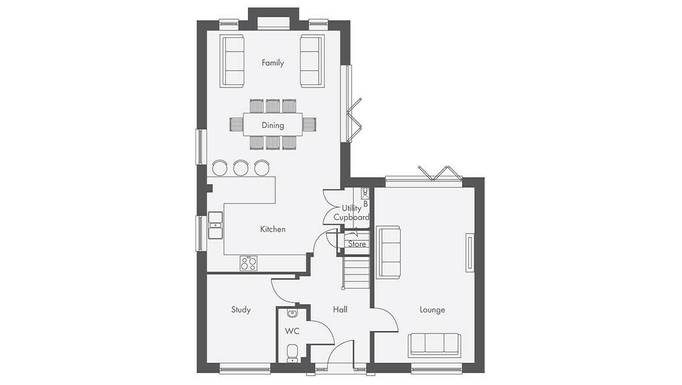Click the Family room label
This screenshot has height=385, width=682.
tap(273, 63)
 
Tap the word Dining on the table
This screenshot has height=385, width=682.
tap(273, 125)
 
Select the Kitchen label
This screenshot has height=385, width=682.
tap(273, 229)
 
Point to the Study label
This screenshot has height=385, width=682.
tap(241, 310)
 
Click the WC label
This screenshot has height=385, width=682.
tap(292, 332)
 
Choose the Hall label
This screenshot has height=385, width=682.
tap(340, 310)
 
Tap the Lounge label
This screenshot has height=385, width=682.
tap(432, 310)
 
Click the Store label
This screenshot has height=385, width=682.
tap(356, 244)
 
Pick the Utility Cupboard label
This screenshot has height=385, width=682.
tap(352, 212)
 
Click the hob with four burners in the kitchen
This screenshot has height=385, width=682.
tap(249, 263)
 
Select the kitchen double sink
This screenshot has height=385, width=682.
tap(215, 225)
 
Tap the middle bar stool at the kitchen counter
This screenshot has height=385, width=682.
tap(241, 168)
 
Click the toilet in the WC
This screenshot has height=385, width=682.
tap(292, 353)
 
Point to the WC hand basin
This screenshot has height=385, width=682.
tap(292, 313)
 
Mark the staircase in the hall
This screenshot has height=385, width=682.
tap(356, 273)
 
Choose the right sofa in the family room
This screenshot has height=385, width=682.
tap(311, 61)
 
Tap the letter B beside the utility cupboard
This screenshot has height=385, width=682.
tap(366, 204)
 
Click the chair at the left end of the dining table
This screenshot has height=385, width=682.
tap(236, 125)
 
